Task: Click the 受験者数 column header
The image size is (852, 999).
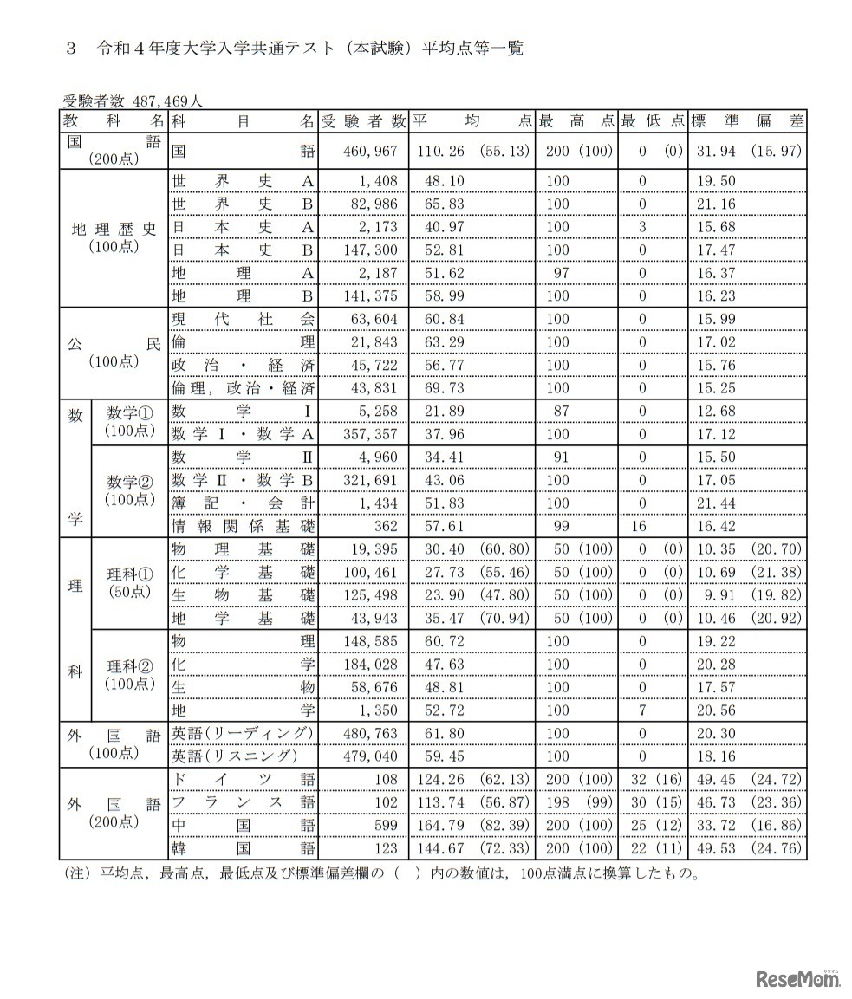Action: (362, 121)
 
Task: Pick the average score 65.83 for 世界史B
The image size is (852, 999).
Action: (441, 204)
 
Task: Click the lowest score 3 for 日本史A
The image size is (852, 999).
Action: (642, 227)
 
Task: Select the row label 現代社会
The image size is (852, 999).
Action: (243, 319)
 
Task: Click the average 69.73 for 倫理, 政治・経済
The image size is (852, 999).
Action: (441, 388)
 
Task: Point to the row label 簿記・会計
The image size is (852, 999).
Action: (243, 503)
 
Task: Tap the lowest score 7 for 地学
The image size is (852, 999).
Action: (642, 710)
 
